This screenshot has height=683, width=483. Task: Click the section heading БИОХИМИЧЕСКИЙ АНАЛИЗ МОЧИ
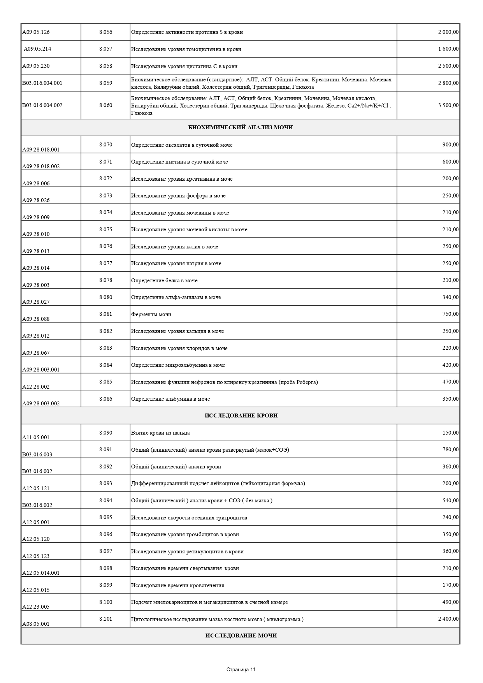tap(241, 128)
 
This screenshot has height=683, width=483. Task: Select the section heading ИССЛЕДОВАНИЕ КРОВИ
tap(241, 415)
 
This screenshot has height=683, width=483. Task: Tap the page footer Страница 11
tap(241, 670)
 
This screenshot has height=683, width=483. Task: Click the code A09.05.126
tap(36, 32)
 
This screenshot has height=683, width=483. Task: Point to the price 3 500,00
tap(448, 105)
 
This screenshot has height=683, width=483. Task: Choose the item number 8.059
tap(105, 83)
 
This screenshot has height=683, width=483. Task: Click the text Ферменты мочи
tap(151, 314)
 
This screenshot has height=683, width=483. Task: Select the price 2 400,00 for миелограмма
tap(448, 619)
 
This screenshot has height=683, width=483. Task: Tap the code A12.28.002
tap(36, 387)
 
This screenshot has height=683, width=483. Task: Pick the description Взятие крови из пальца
tap(160, 433)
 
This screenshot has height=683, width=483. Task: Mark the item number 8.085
tap(105, 382)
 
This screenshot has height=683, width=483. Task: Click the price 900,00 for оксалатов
tap(450, 144)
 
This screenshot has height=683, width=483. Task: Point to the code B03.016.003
tap(37, 454)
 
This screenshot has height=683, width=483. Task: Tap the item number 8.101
tap(105, 618)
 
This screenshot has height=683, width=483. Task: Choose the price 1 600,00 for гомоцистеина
tap(448, 49)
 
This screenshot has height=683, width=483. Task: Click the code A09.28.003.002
tap(41, 403)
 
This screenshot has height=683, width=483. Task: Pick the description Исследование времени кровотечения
tap(177, 585)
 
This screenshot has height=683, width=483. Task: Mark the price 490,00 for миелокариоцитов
tap(450, 602)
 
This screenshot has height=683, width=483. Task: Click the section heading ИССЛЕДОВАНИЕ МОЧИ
tap(241, 635)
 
